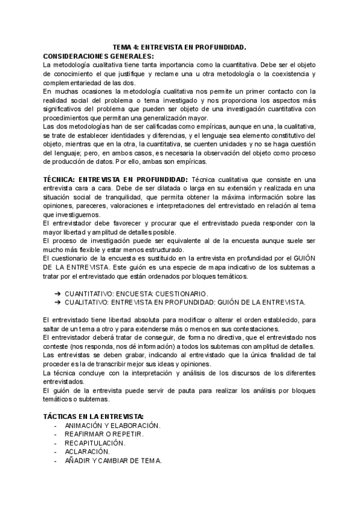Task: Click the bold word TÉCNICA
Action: click(x=63, y=179)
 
